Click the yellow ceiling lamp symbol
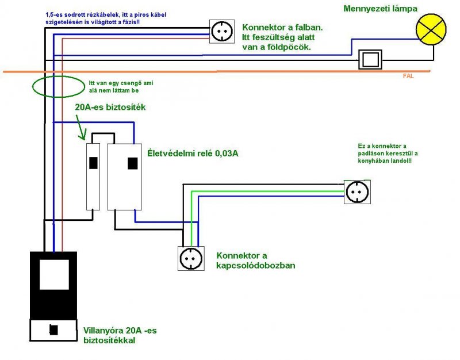tap(431, 30)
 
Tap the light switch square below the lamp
tap(370, 59)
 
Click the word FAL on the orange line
tap(408, 76)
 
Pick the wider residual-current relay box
tap(124, 175)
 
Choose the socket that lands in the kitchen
tap(357, 191)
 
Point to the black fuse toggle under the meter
tap(53, 330)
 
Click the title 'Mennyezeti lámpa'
tap(381, 9)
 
